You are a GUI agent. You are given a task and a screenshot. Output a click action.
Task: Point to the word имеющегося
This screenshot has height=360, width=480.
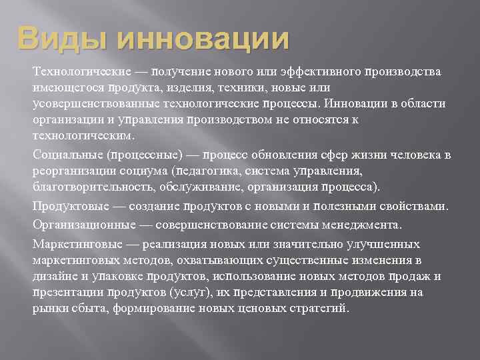(x=61, y=88)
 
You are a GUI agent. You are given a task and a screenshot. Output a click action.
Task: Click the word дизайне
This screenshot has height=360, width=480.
(x=53, y=276)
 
